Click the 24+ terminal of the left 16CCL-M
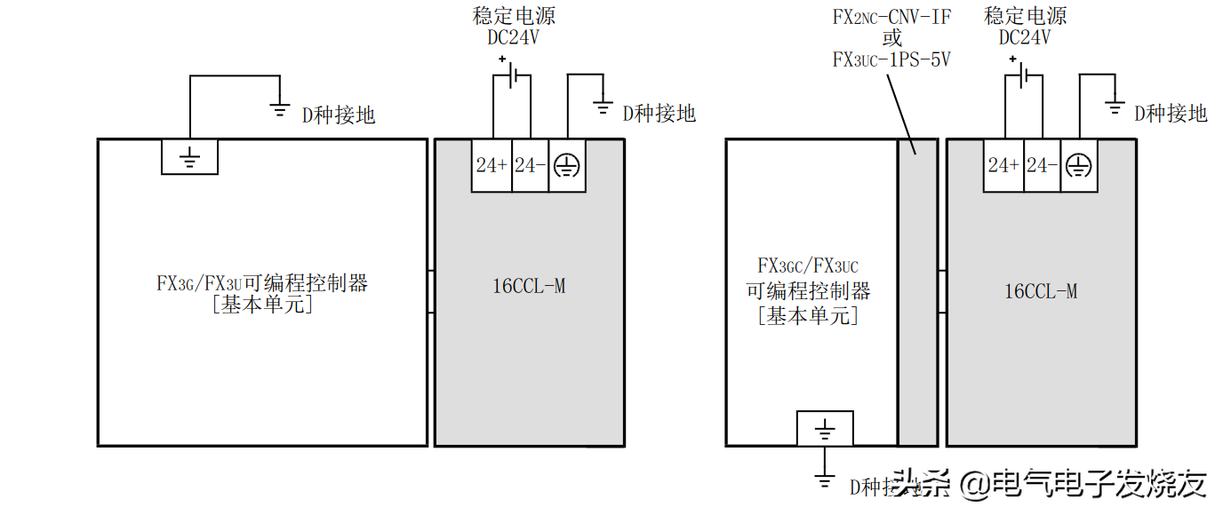[492, 166]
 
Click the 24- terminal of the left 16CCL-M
[530, 166]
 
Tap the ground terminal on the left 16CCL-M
[567, 166]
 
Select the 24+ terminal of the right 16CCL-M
[1003, 166]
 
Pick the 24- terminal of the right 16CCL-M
[1042, 166]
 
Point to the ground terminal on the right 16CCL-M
[1079, 166]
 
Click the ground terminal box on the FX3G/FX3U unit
[189, 157]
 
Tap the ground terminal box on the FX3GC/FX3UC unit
[825, 429]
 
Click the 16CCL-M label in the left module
[529, 286]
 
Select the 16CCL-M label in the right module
[1041, 291]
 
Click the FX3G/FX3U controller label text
[262, 284]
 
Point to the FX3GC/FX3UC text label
[808, 265]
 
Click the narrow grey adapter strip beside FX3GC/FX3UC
[917, 293]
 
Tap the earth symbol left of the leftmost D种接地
[280, 111]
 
